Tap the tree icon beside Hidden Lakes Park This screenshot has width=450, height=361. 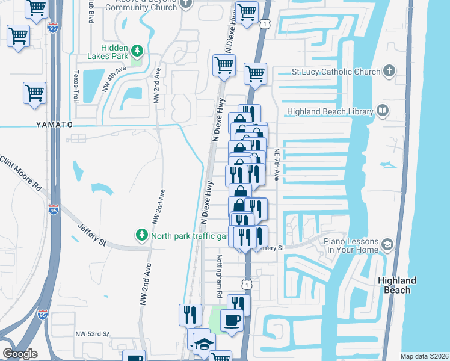138,50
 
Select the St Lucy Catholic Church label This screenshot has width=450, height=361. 336,72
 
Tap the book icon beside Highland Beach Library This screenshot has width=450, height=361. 382,111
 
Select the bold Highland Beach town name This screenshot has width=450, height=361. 397,285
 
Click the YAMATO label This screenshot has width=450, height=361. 57,124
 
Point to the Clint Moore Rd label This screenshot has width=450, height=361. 22,172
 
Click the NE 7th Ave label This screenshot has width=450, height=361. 277,164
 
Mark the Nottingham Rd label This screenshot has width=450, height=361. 220,278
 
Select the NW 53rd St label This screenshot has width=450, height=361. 92,333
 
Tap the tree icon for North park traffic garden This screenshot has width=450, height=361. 141,235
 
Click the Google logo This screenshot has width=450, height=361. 20,354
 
